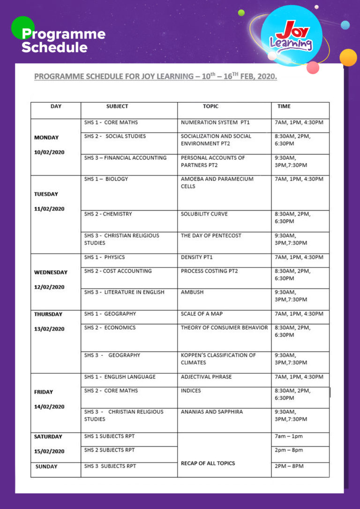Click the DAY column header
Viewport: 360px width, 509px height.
56,106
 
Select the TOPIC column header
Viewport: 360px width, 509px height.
210,106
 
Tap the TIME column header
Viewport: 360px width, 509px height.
284,106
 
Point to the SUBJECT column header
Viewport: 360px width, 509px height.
117,106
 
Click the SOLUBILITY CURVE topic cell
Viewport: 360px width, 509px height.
204,214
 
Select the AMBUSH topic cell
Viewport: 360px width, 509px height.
191,292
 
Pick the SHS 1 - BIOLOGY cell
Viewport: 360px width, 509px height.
106,179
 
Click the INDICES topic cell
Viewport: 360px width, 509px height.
191,390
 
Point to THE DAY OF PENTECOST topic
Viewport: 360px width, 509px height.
211,236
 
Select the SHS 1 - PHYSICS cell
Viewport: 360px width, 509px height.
105,257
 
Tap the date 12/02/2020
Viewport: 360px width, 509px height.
49,287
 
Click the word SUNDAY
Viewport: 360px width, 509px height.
46,466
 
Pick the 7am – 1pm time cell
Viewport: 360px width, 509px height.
289,436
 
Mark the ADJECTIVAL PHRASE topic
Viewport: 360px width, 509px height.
206,377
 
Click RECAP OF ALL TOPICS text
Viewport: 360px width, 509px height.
208,463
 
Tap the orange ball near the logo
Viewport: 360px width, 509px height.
348,57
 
